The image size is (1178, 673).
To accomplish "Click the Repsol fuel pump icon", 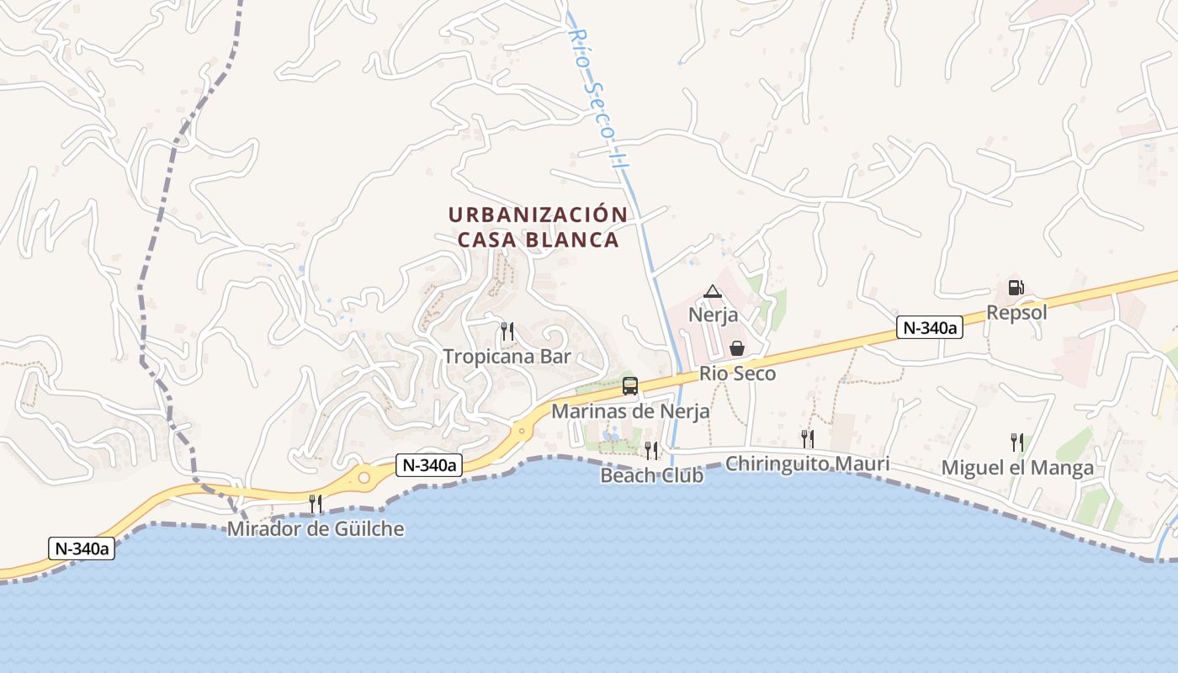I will point(1016,288).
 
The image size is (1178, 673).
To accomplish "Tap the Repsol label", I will point(1016,313).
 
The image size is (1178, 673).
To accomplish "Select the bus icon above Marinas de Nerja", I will point(629,386).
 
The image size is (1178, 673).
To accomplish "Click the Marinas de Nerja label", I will point(630,412).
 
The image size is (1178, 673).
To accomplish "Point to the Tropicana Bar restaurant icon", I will point(507,331).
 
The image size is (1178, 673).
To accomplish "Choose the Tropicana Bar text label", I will point(507,357).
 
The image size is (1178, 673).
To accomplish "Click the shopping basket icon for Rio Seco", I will point(737,347).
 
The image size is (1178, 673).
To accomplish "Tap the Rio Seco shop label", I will point(737,374).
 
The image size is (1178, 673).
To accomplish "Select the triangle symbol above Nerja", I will point(713,291).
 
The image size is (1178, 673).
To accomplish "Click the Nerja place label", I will point(713,315).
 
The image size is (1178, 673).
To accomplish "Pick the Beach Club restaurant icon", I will point(650,450).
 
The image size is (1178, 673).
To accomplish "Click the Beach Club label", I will point(651,475).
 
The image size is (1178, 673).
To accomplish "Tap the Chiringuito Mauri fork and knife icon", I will point(807,438).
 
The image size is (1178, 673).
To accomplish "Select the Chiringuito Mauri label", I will point(807,464).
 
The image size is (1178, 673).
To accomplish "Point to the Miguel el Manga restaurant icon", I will point(1017,442).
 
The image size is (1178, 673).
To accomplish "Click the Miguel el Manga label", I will point(1017,468).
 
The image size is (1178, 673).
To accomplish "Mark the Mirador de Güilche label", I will point(316,529).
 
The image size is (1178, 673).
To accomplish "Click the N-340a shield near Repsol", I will point(929,328).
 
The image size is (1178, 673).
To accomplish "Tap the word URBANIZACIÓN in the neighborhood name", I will point(538,215).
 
